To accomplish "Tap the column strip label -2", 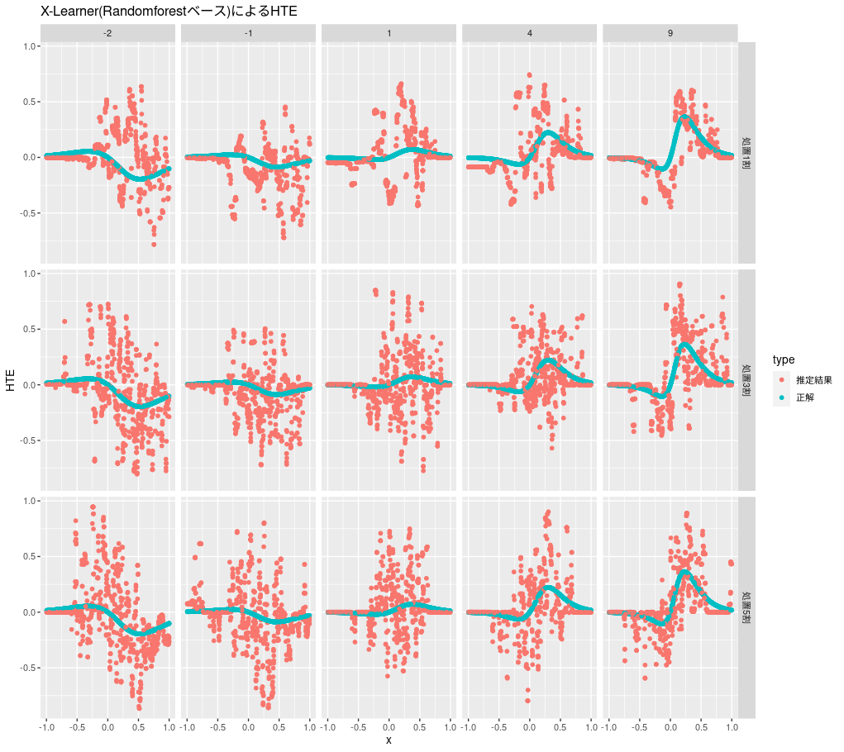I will click(107, 32).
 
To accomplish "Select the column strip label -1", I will click(248, 32).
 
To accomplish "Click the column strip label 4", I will click(529, 32).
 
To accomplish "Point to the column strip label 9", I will click(670, 32).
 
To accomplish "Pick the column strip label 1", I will click(389, 32).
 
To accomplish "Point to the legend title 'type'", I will click(784, 359).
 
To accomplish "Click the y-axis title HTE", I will click(11, 381).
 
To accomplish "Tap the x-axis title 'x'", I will click(389, 740).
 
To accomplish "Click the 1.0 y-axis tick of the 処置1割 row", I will click(29, 47).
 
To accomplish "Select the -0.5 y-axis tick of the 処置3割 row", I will click(27, 440).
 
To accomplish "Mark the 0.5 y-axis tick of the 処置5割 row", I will click(29, 557).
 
